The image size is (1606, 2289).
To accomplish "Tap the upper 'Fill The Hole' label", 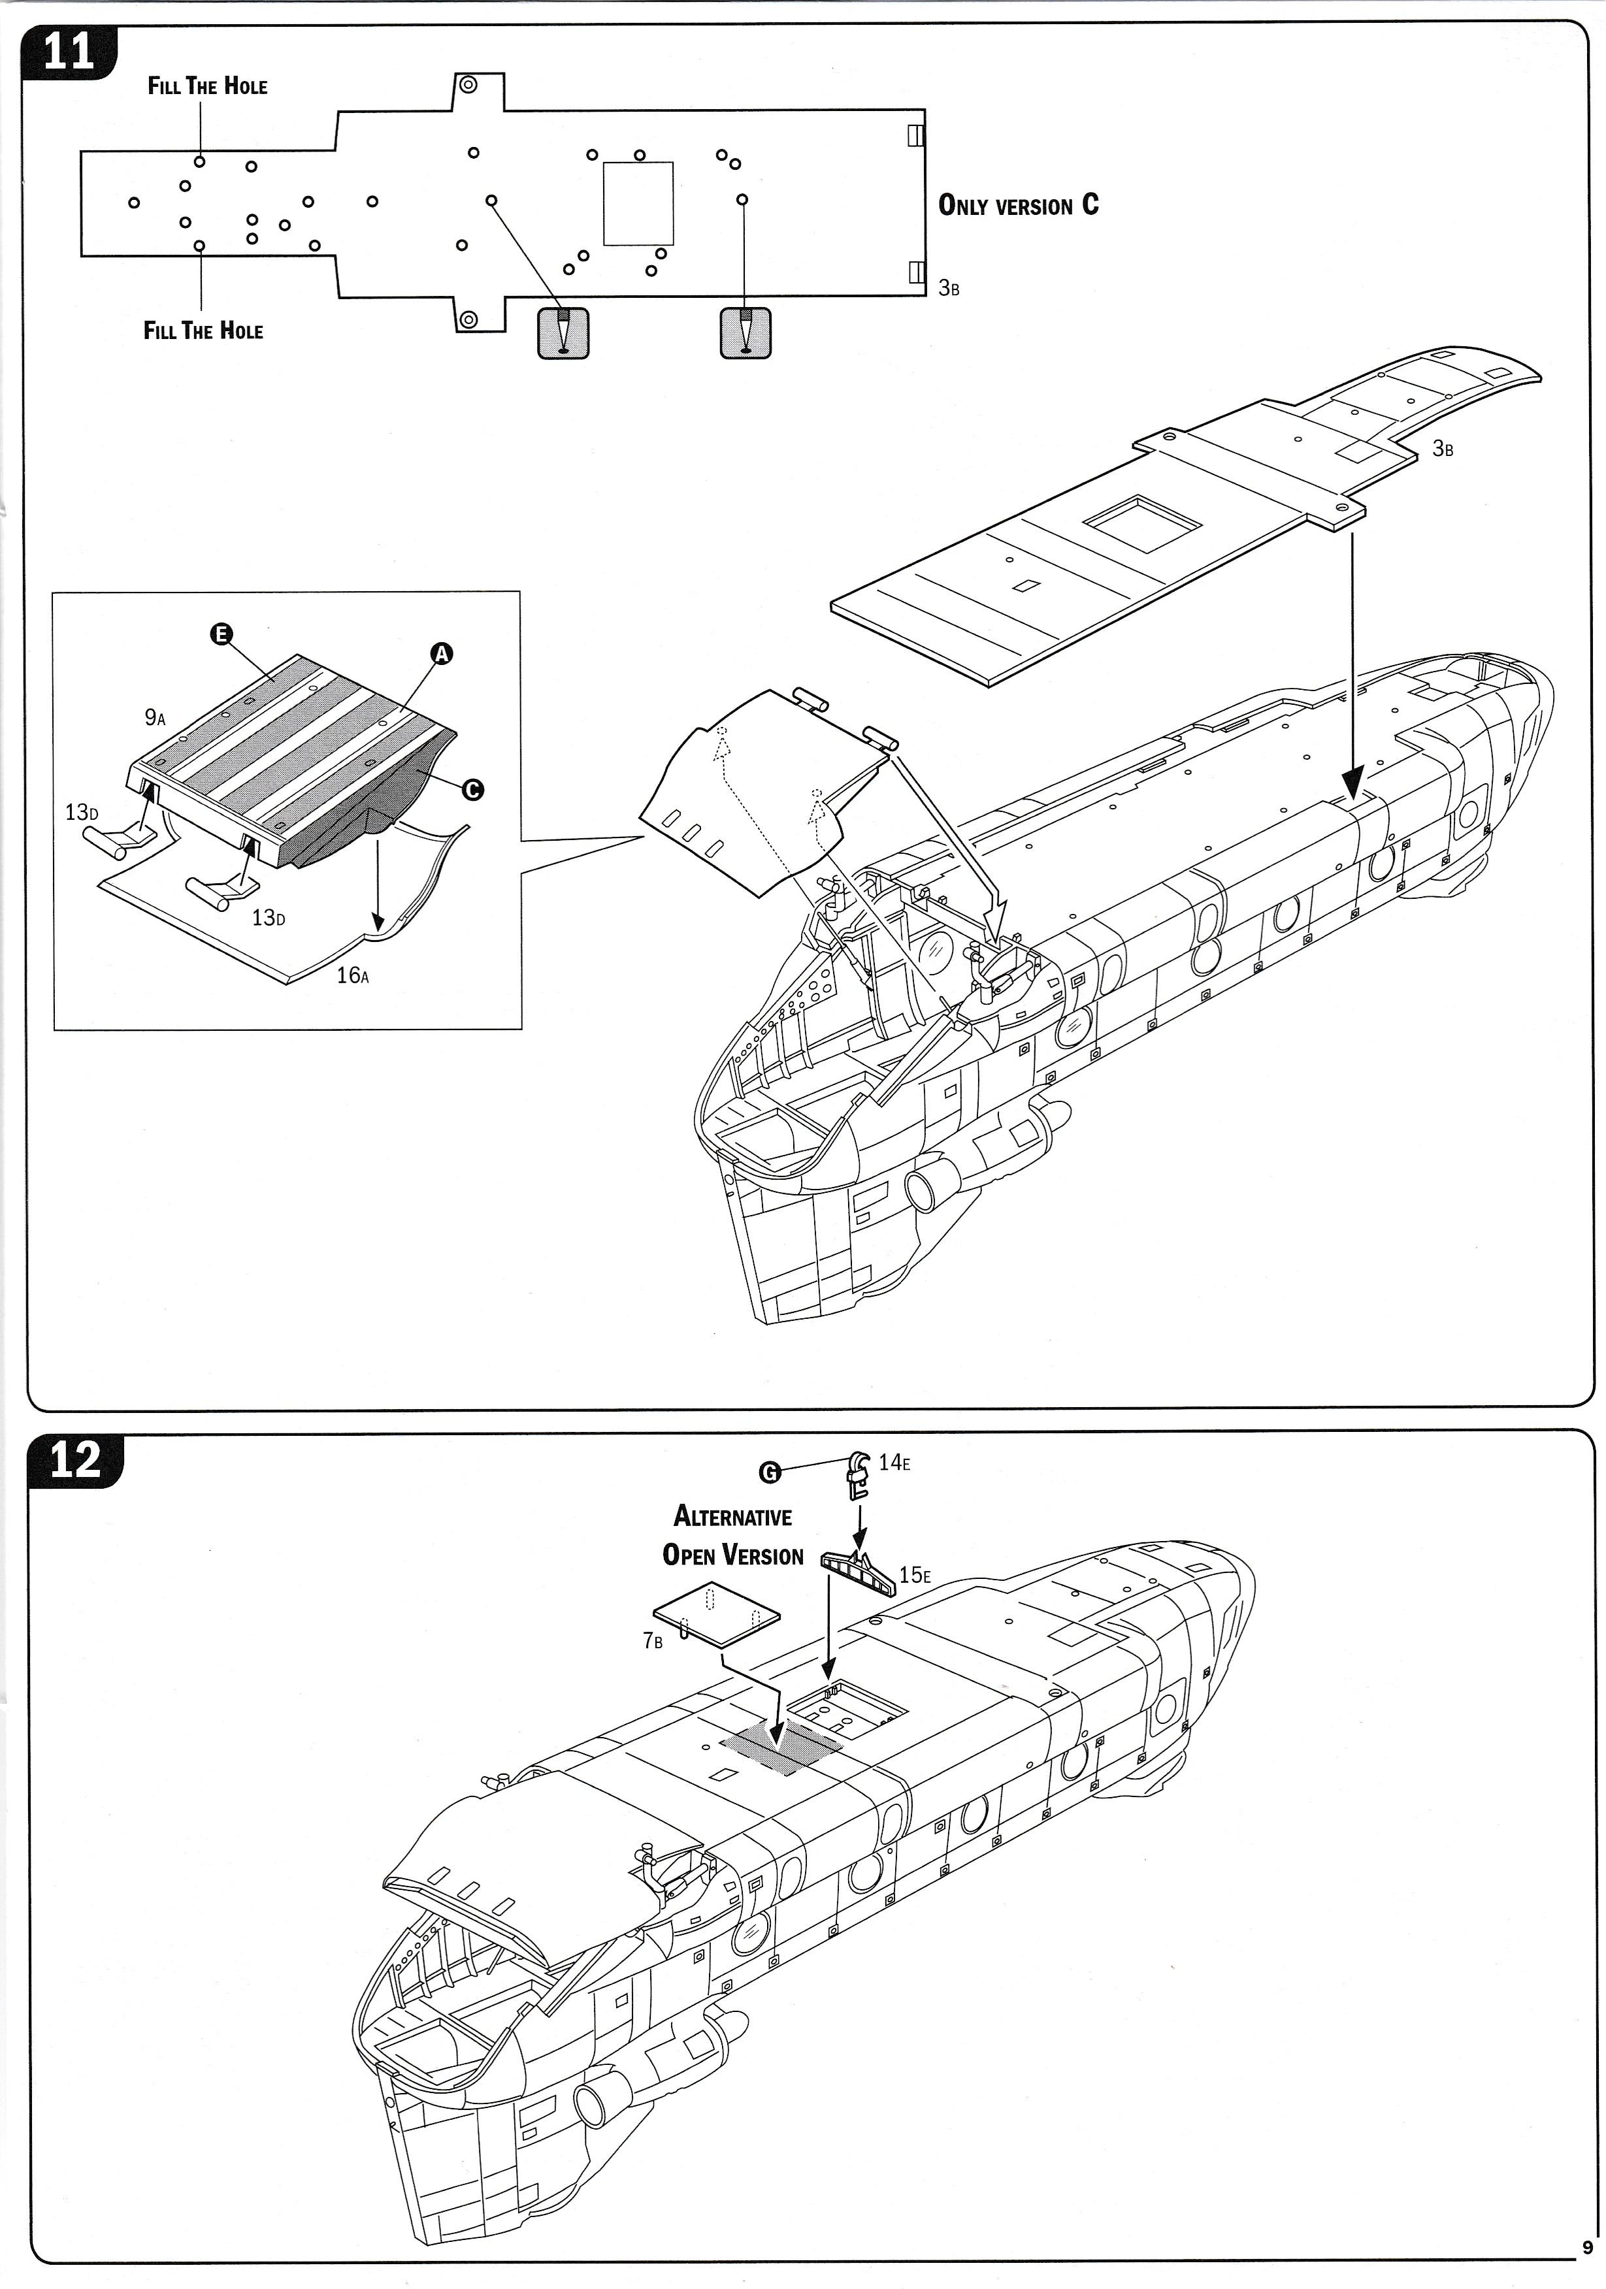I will [207, 86].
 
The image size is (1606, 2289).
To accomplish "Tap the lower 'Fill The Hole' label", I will [203, 331].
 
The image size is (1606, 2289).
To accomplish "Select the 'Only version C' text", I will [1018, 205].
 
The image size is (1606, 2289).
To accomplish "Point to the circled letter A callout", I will [440, 654].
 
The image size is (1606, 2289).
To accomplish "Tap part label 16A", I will [352, 975].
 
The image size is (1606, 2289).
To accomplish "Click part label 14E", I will [893, 1463].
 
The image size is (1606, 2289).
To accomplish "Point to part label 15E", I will [914, 1575].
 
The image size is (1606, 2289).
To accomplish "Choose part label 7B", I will [652, 1640].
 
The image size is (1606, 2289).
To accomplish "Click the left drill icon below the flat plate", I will [563, 333].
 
